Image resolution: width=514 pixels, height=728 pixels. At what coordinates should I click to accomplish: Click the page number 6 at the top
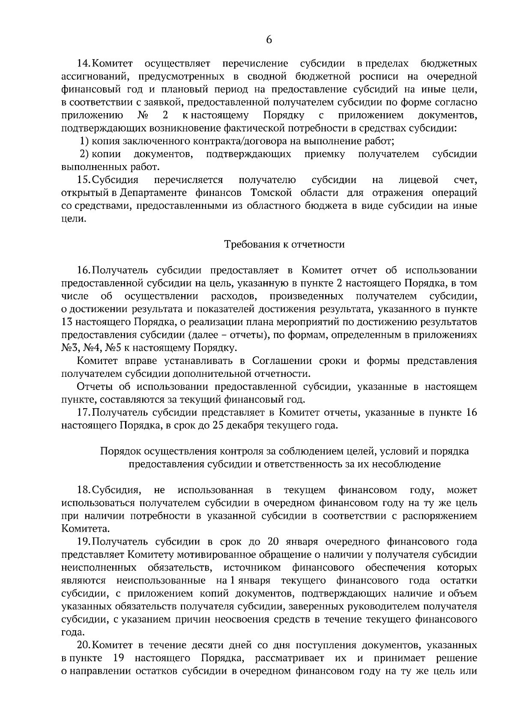coord(269,40)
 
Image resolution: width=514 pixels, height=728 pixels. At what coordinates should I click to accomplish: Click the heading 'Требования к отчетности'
coord(284,244)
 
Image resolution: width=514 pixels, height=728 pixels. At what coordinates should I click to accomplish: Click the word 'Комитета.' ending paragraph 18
coord(82,529)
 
